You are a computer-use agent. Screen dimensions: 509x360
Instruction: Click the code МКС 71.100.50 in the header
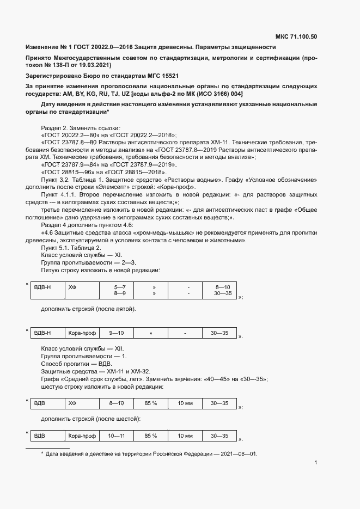tap(296, 37)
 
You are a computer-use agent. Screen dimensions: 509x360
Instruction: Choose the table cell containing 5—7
tap(120, 286)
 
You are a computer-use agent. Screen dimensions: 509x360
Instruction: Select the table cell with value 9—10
tap(117, 333)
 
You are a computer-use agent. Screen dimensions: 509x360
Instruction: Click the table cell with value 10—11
tap(117, 436)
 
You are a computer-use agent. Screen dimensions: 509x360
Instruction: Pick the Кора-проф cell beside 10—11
tap(82, 436)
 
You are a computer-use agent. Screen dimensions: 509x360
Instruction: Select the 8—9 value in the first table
tap(120, 293)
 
